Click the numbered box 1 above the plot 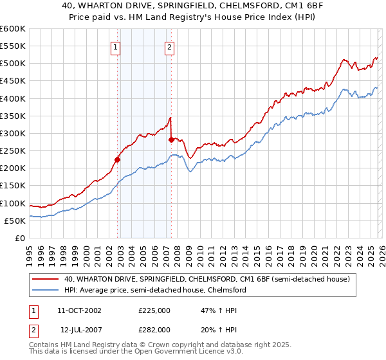coord(115,46)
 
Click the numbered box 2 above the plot coord(169,46)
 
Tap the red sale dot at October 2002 coord(118,159)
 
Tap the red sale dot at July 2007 coord(171,139)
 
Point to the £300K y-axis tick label coord(13,133)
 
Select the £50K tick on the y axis coord(15,221)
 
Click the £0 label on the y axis coord(19,238)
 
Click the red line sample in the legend coord(46,279)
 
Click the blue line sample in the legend coord(46,290)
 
